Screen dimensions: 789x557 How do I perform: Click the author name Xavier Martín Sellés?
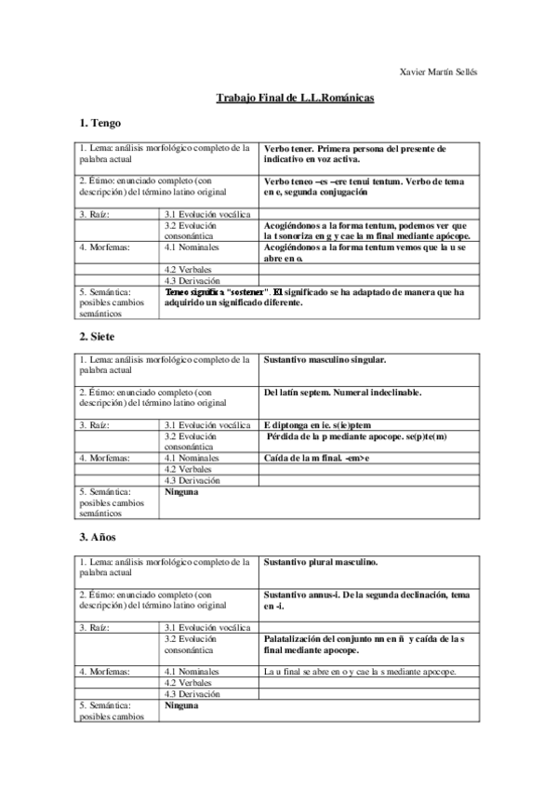point(435,72)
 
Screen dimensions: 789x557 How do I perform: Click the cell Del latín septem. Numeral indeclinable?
point(342,392)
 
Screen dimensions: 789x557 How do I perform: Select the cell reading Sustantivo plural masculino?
point(321,562)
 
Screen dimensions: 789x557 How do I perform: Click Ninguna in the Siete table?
point(181,491)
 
